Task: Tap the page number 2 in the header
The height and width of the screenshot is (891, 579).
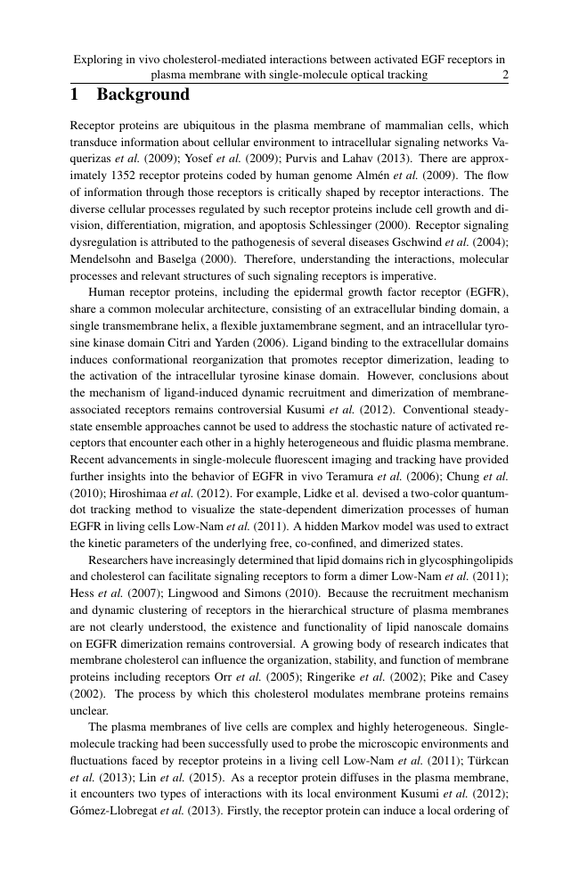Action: (505, 76)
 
